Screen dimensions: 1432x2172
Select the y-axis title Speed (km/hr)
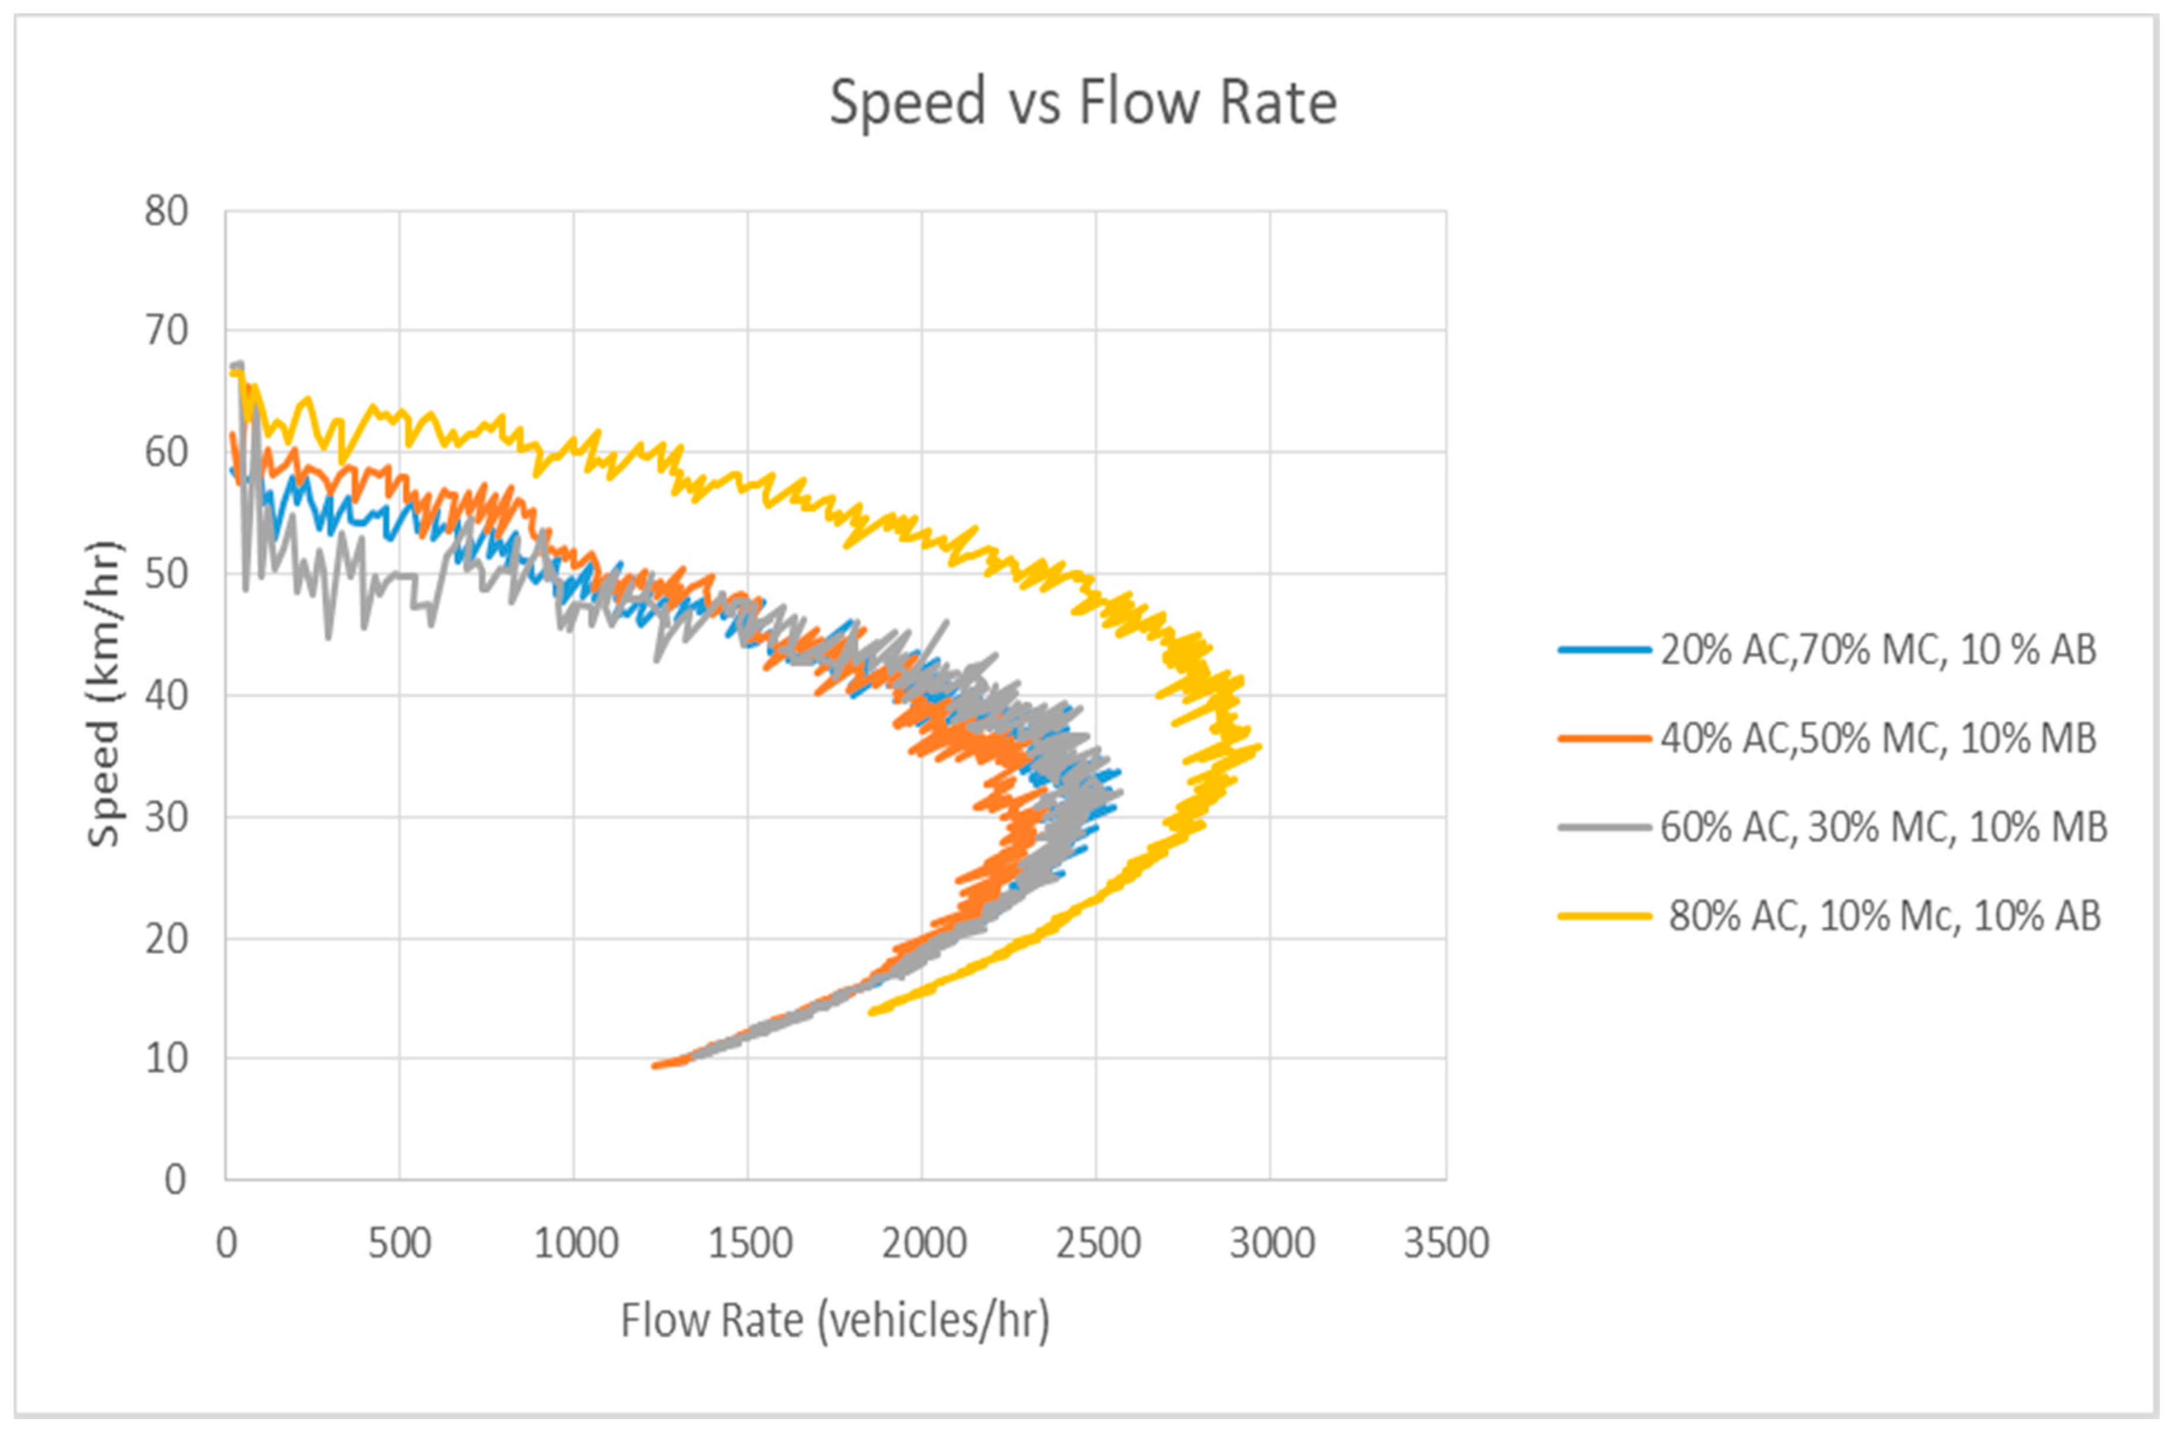(104, 695)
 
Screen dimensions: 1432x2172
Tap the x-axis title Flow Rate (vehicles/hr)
(835, 1320)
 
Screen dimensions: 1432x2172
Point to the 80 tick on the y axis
(166, 212)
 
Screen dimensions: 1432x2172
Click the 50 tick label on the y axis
(166, 574)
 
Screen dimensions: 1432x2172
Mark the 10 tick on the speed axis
(166, 1059)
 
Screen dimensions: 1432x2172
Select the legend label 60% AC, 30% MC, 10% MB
(1883, 827)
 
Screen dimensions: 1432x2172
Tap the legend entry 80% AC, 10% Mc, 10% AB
(1885, 915)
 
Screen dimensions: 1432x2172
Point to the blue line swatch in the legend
(1604, 650)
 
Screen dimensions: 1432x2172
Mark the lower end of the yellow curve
(870, 1012)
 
